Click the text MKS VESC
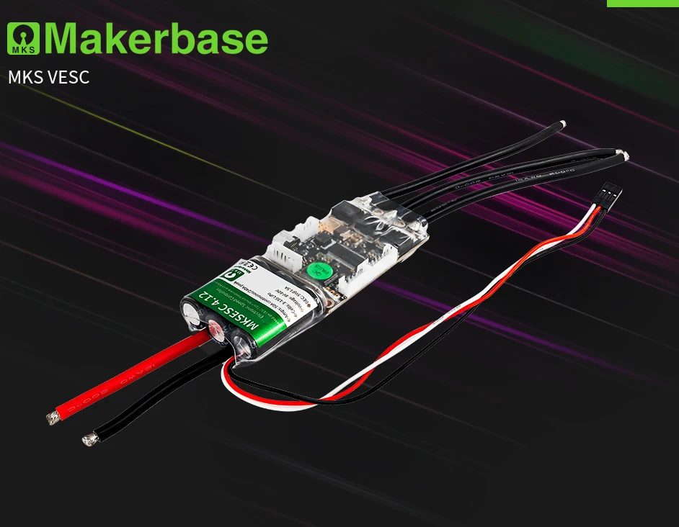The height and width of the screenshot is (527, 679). click(x=49, y=77)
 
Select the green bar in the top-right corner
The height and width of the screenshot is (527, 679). click(x=642, y=3)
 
